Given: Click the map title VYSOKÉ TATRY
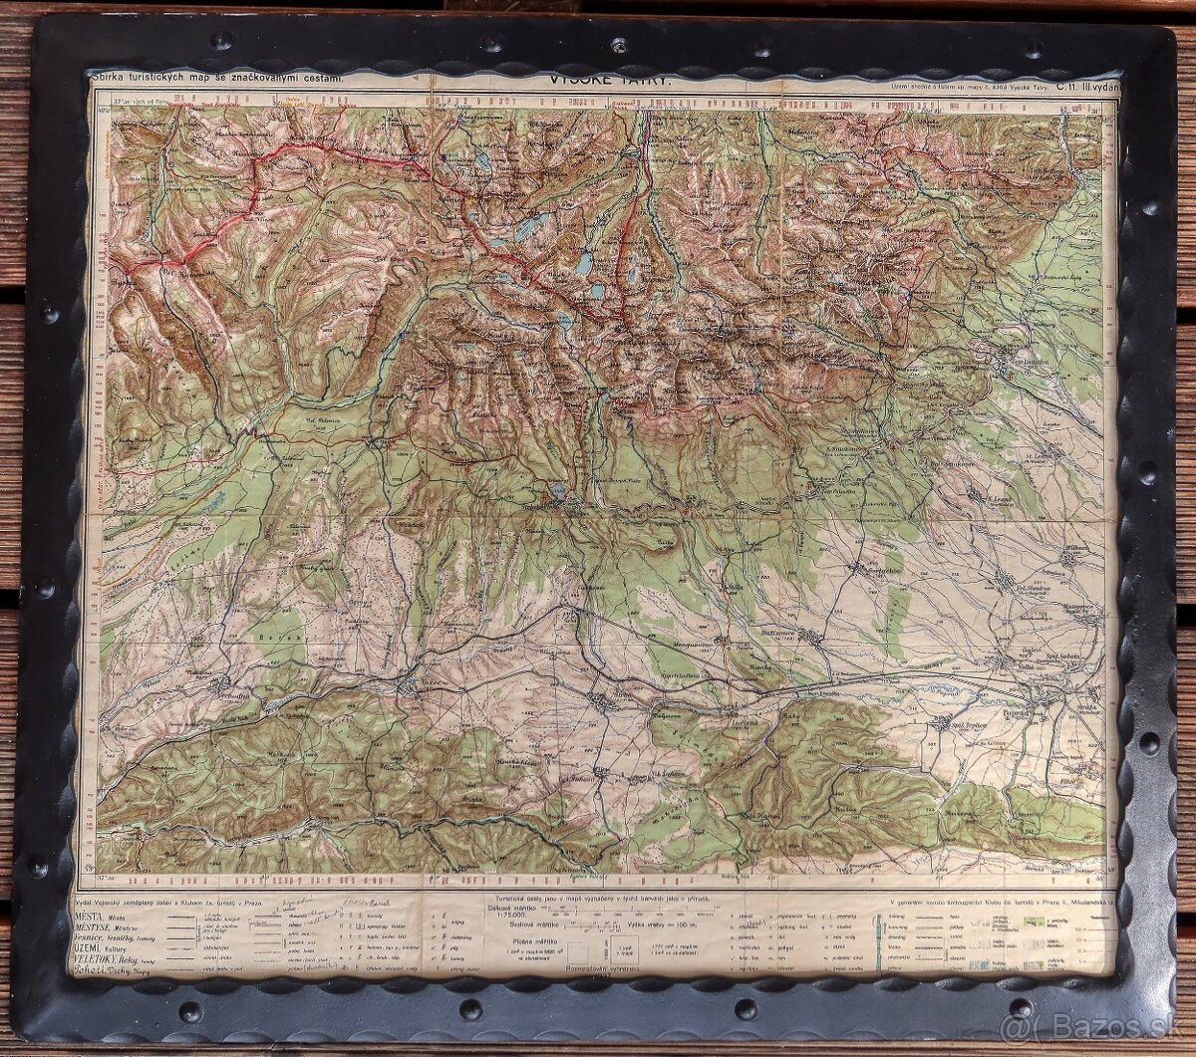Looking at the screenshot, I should click(x=611, y=81).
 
